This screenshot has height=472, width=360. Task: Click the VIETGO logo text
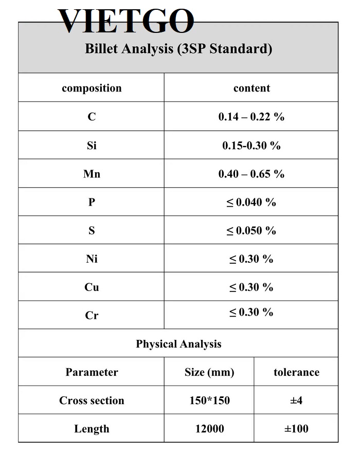[x=126, y=22]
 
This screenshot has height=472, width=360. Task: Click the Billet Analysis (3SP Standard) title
[x=178, y=49]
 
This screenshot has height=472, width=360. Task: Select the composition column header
[x=92, y=88]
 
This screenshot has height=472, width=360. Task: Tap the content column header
[x=251, y=88]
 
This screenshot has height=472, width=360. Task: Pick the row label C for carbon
[x=92, y=117]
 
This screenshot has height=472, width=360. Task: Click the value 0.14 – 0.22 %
[x=251, y=117]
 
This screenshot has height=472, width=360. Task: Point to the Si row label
[x=92, y=146]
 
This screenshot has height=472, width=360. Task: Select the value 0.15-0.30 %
[x=251, y=146]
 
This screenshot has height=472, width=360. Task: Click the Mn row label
[x=92, y=174]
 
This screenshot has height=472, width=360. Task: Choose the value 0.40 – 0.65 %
[x=251, y=174]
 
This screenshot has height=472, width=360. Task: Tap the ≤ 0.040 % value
[x=251, y=203]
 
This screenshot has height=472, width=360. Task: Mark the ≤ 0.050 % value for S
[x=251, y=231]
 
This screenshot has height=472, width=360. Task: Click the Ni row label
[x=92, y=259]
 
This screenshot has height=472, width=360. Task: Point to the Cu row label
[x=92, y=287]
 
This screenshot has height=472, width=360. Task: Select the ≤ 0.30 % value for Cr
[x=251, y=312]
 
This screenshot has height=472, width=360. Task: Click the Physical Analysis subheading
[x=178, y=344]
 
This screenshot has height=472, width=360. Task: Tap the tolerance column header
[x=296, y=372]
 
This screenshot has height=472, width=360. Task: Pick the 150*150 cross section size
[x=209, y=401]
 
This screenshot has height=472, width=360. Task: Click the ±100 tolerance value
[x=296, y=429]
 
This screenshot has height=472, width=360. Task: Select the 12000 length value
[x=209, y=429]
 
